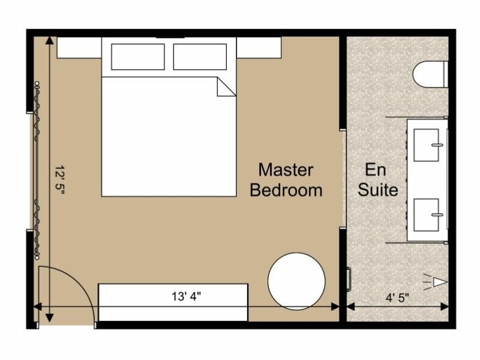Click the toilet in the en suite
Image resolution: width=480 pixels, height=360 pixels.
click(431, 74)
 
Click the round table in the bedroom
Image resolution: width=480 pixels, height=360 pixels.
click(296, 281)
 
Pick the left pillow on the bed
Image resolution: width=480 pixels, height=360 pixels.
click(138, 57)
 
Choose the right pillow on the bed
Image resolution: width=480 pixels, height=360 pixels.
click(200, 57)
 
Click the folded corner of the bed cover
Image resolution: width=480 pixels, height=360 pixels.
click(226, 88)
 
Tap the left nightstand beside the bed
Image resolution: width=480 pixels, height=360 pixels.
click(79, 47)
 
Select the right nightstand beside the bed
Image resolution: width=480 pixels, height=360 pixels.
click(259, 47)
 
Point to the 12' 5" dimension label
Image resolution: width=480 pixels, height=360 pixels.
click(59, 180)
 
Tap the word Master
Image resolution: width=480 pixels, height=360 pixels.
click(286, 170)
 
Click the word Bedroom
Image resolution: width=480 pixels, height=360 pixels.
click(286, 191)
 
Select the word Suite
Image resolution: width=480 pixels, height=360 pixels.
click(378, 191)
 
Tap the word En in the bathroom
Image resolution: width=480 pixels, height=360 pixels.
click(376, 170)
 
